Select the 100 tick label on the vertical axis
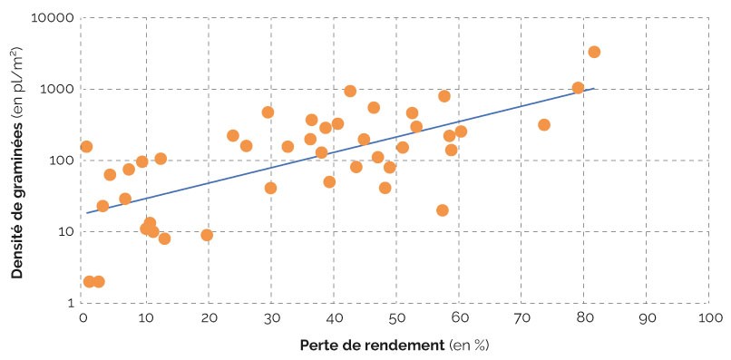pyautogui.click(x=60, y=161)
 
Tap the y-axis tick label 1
pyautogui.click(x=69, y=303)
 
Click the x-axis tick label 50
pyautogui.click(x=395, y=318)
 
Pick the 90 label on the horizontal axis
pyautogui.click(x=647, y=318)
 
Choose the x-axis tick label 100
pyautogui.click(x=709, y=318)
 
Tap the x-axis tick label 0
pyautogui.click(x=83, y=318)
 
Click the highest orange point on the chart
pyautogui.click(x=594, y=52)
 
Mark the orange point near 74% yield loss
pyautogui.click(x=544, y=124)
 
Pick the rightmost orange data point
pyautogui.click(x=594, y=52)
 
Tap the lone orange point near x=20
pyautogui.click(x=207, y=235)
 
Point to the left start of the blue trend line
pyautogui.click(x=87, y=212)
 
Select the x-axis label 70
pyautogui.click(x=521, y=318)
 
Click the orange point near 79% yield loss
pyautogui.click(x=578, y=88)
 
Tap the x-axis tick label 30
pyautogui.click(x=270, y=318)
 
